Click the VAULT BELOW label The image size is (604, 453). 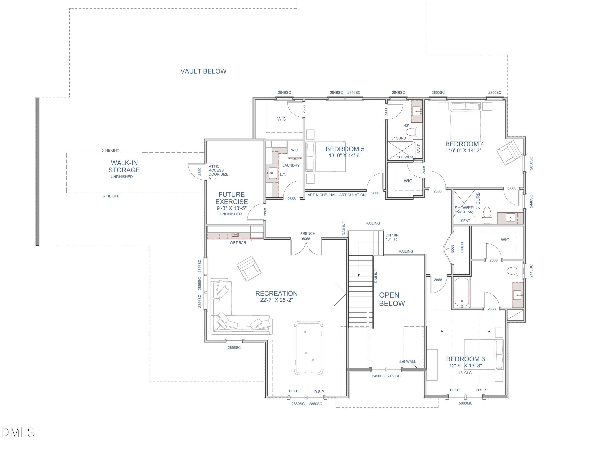(203, 71)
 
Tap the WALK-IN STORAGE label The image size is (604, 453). (124, 166)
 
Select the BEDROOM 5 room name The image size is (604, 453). (345, 149)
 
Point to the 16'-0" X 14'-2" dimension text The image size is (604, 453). (464, 150)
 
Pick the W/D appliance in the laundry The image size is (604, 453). (295, 150)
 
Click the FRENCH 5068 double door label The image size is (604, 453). (307, 236)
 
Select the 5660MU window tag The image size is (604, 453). (465, 403)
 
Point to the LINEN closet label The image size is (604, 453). (462, 247)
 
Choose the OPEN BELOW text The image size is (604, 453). (392, 299)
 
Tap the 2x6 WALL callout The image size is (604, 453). (407, 362)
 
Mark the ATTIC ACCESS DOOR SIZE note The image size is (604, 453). (218, 172)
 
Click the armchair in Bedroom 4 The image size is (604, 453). (509, 153)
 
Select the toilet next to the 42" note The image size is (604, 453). (413, 132)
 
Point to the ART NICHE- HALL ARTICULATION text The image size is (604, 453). (336, 195)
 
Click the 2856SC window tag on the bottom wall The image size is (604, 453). (234, 348)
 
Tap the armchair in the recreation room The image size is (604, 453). (249, 268)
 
